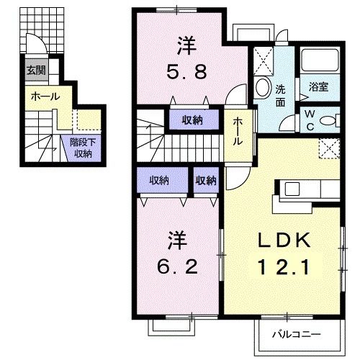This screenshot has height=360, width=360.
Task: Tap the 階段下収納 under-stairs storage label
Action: click(x=81, y=148)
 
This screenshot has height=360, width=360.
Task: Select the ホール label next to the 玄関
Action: click(x=45, y=96)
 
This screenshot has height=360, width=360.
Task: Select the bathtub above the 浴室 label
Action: click(x=320, y=60)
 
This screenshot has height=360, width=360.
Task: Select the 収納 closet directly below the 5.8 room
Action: click(x=191, y=120)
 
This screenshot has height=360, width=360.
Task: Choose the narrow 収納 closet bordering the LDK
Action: click(x=206, y=181)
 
